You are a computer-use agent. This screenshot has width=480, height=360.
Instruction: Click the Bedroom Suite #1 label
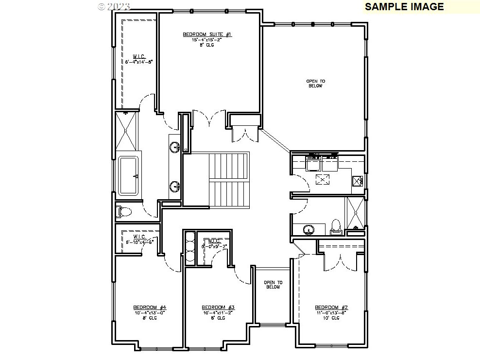tap(207, 34)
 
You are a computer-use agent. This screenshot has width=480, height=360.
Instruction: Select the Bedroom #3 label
tap(218, 308)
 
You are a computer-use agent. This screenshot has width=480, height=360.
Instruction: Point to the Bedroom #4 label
tap(150, 308)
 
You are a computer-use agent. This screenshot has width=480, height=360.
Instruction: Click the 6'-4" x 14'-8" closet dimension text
tap(139, 62)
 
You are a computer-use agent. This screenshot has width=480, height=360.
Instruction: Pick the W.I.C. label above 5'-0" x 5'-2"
tap(215, 241)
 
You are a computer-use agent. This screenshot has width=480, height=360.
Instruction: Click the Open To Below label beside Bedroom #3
tap(273, 285)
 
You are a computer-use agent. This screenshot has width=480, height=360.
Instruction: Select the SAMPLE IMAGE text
tap(404, 6)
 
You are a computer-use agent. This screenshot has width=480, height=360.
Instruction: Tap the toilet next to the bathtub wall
tap(125, 212)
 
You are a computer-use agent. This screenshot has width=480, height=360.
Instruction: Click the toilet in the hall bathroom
tap(336, 226)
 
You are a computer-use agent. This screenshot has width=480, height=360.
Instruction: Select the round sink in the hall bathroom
tap(308, 229)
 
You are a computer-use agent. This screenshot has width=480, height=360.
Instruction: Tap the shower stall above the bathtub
tap(127, 132)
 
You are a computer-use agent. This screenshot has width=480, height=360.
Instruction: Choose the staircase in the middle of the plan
tap(229, 180)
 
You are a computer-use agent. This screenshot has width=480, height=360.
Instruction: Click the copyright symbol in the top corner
tap(101, 6)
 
